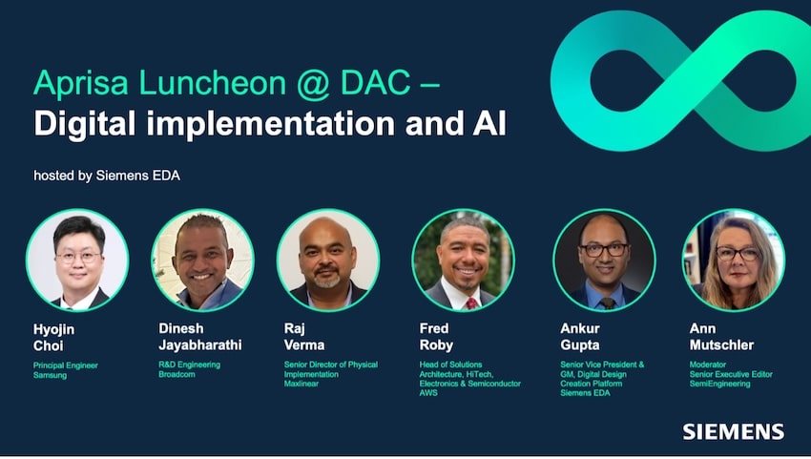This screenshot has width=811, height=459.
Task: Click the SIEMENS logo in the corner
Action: [734, 431]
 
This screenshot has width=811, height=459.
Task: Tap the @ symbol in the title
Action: [314, 83]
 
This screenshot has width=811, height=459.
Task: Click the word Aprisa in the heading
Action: [81, 84]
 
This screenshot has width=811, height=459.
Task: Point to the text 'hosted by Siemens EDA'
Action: [107, 176]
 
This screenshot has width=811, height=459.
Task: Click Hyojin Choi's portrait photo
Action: [77, 261]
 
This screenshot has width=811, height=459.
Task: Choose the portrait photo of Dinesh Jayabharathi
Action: [202, 261]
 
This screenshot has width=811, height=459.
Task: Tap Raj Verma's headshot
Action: [328, 261]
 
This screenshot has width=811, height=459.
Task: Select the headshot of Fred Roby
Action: [464, 261]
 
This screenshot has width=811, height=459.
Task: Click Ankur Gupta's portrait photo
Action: [605, 261]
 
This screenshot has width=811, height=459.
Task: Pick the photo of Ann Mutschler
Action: [734, 261]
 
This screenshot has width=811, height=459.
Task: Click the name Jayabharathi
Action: [200, 345]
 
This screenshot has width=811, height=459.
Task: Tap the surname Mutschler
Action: [721, 345]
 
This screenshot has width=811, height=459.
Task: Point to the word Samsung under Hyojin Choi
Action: [51, 375]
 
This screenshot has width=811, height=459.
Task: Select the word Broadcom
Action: [177, 374]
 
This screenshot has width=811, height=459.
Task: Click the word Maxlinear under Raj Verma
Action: [302, 384]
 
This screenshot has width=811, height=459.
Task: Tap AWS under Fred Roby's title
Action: [428, 393]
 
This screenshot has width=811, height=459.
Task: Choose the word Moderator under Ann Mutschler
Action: [708, 365]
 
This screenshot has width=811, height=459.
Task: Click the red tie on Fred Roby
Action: [471, 303]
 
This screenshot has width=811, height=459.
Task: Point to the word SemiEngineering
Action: [720, 384]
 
